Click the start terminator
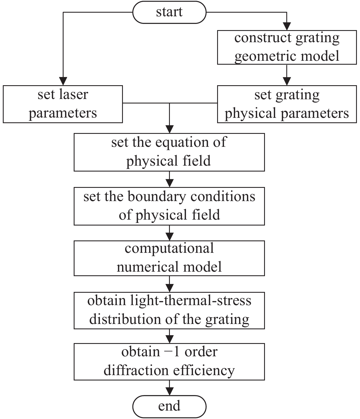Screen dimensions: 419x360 (169, 12)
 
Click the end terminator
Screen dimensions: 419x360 (169, 406)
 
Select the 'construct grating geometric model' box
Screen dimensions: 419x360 (287, 47)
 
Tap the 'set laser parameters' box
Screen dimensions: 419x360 (63, 104)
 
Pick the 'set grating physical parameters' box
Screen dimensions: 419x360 (287, 104)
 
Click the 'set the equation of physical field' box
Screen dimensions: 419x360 (169, 152)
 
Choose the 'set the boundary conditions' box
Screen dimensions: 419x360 (169, 206)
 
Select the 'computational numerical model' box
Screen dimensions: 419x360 (169, 258)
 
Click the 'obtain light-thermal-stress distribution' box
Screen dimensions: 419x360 (169, 310)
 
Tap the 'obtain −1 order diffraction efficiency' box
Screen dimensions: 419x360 (169, 361)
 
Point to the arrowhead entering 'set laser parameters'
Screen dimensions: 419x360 (63, 82)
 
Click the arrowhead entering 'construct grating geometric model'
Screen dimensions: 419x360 (287, 26)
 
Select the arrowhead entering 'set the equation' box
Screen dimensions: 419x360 (169, 129)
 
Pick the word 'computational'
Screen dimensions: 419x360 (169, 249)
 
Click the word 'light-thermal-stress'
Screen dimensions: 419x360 (191, 301)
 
